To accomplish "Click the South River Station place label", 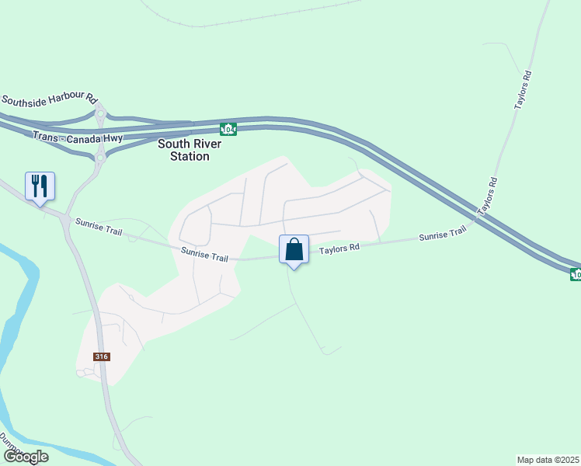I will click(x=190, y=150).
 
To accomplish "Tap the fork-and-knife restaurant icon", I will click(x=40, y=186).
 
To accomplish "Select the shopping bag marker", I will click(x=294, y=249).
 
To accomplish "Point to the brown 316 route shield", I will click(x=102, y=356).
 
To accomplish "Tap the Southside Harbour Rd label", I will click(x=49, y=100).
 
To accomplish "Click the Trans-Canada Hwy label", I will click(x=78, y=137).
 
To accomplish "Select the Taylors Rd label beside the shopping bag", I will click(x=339, y=249).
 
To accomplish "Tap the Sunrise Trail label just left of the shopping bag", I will click(x=204, y=255).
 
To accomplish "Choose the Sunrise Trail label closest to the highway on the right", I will click(x=442, y=235).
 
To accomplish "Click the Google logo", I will click(x=26, y=457).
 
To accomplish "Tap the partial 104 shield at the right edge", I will click(x=576, y=273).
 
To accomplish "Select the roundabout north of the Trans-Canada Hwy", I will click(x=100, y=114).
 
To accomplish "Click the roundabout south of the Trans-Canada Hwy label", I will click(x=99, y=158).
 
